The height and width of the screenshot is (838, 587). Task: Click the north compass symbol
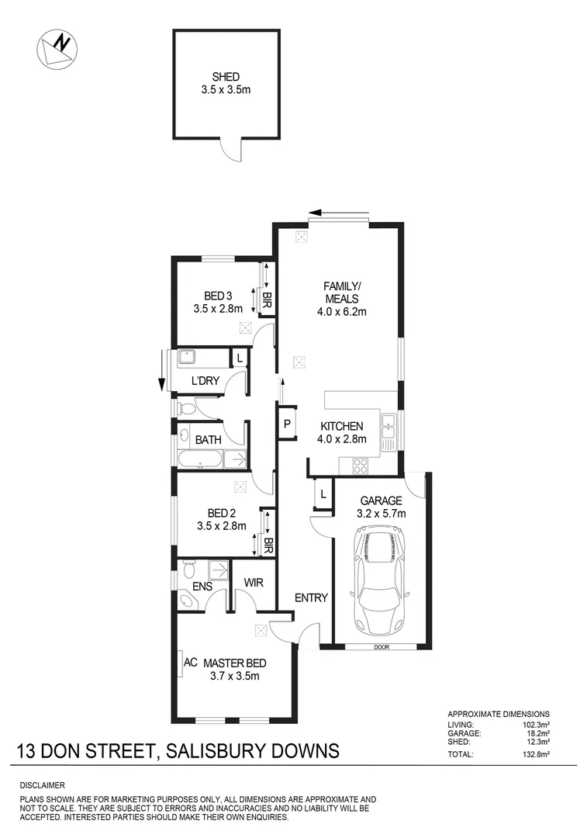(57, 47)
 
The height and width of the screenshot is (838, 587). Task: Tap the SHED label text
(226, 77)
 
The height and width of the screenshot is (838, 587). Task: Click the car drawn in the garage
(380, 579)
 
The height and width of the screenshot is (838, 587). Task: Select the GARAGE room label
(380, 500)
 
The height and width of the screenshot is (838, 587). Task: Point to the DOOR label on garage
(381, 647)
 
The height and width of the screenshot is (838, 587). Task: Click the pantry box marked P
(287, 424)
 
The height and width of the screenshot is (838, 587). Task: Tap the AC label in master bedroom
(189, 663)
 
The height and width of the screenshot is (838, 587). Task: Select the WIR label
(254, 582)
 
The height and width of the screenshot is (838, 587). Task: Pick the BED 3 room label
(218, 296)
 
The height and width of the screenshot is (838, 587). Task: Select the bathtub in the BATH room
(199, 460)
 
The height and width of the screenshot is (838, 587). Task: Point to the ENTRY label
(311, 597)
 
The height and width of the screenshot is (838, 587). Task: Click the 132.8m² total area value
(534, 753)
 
